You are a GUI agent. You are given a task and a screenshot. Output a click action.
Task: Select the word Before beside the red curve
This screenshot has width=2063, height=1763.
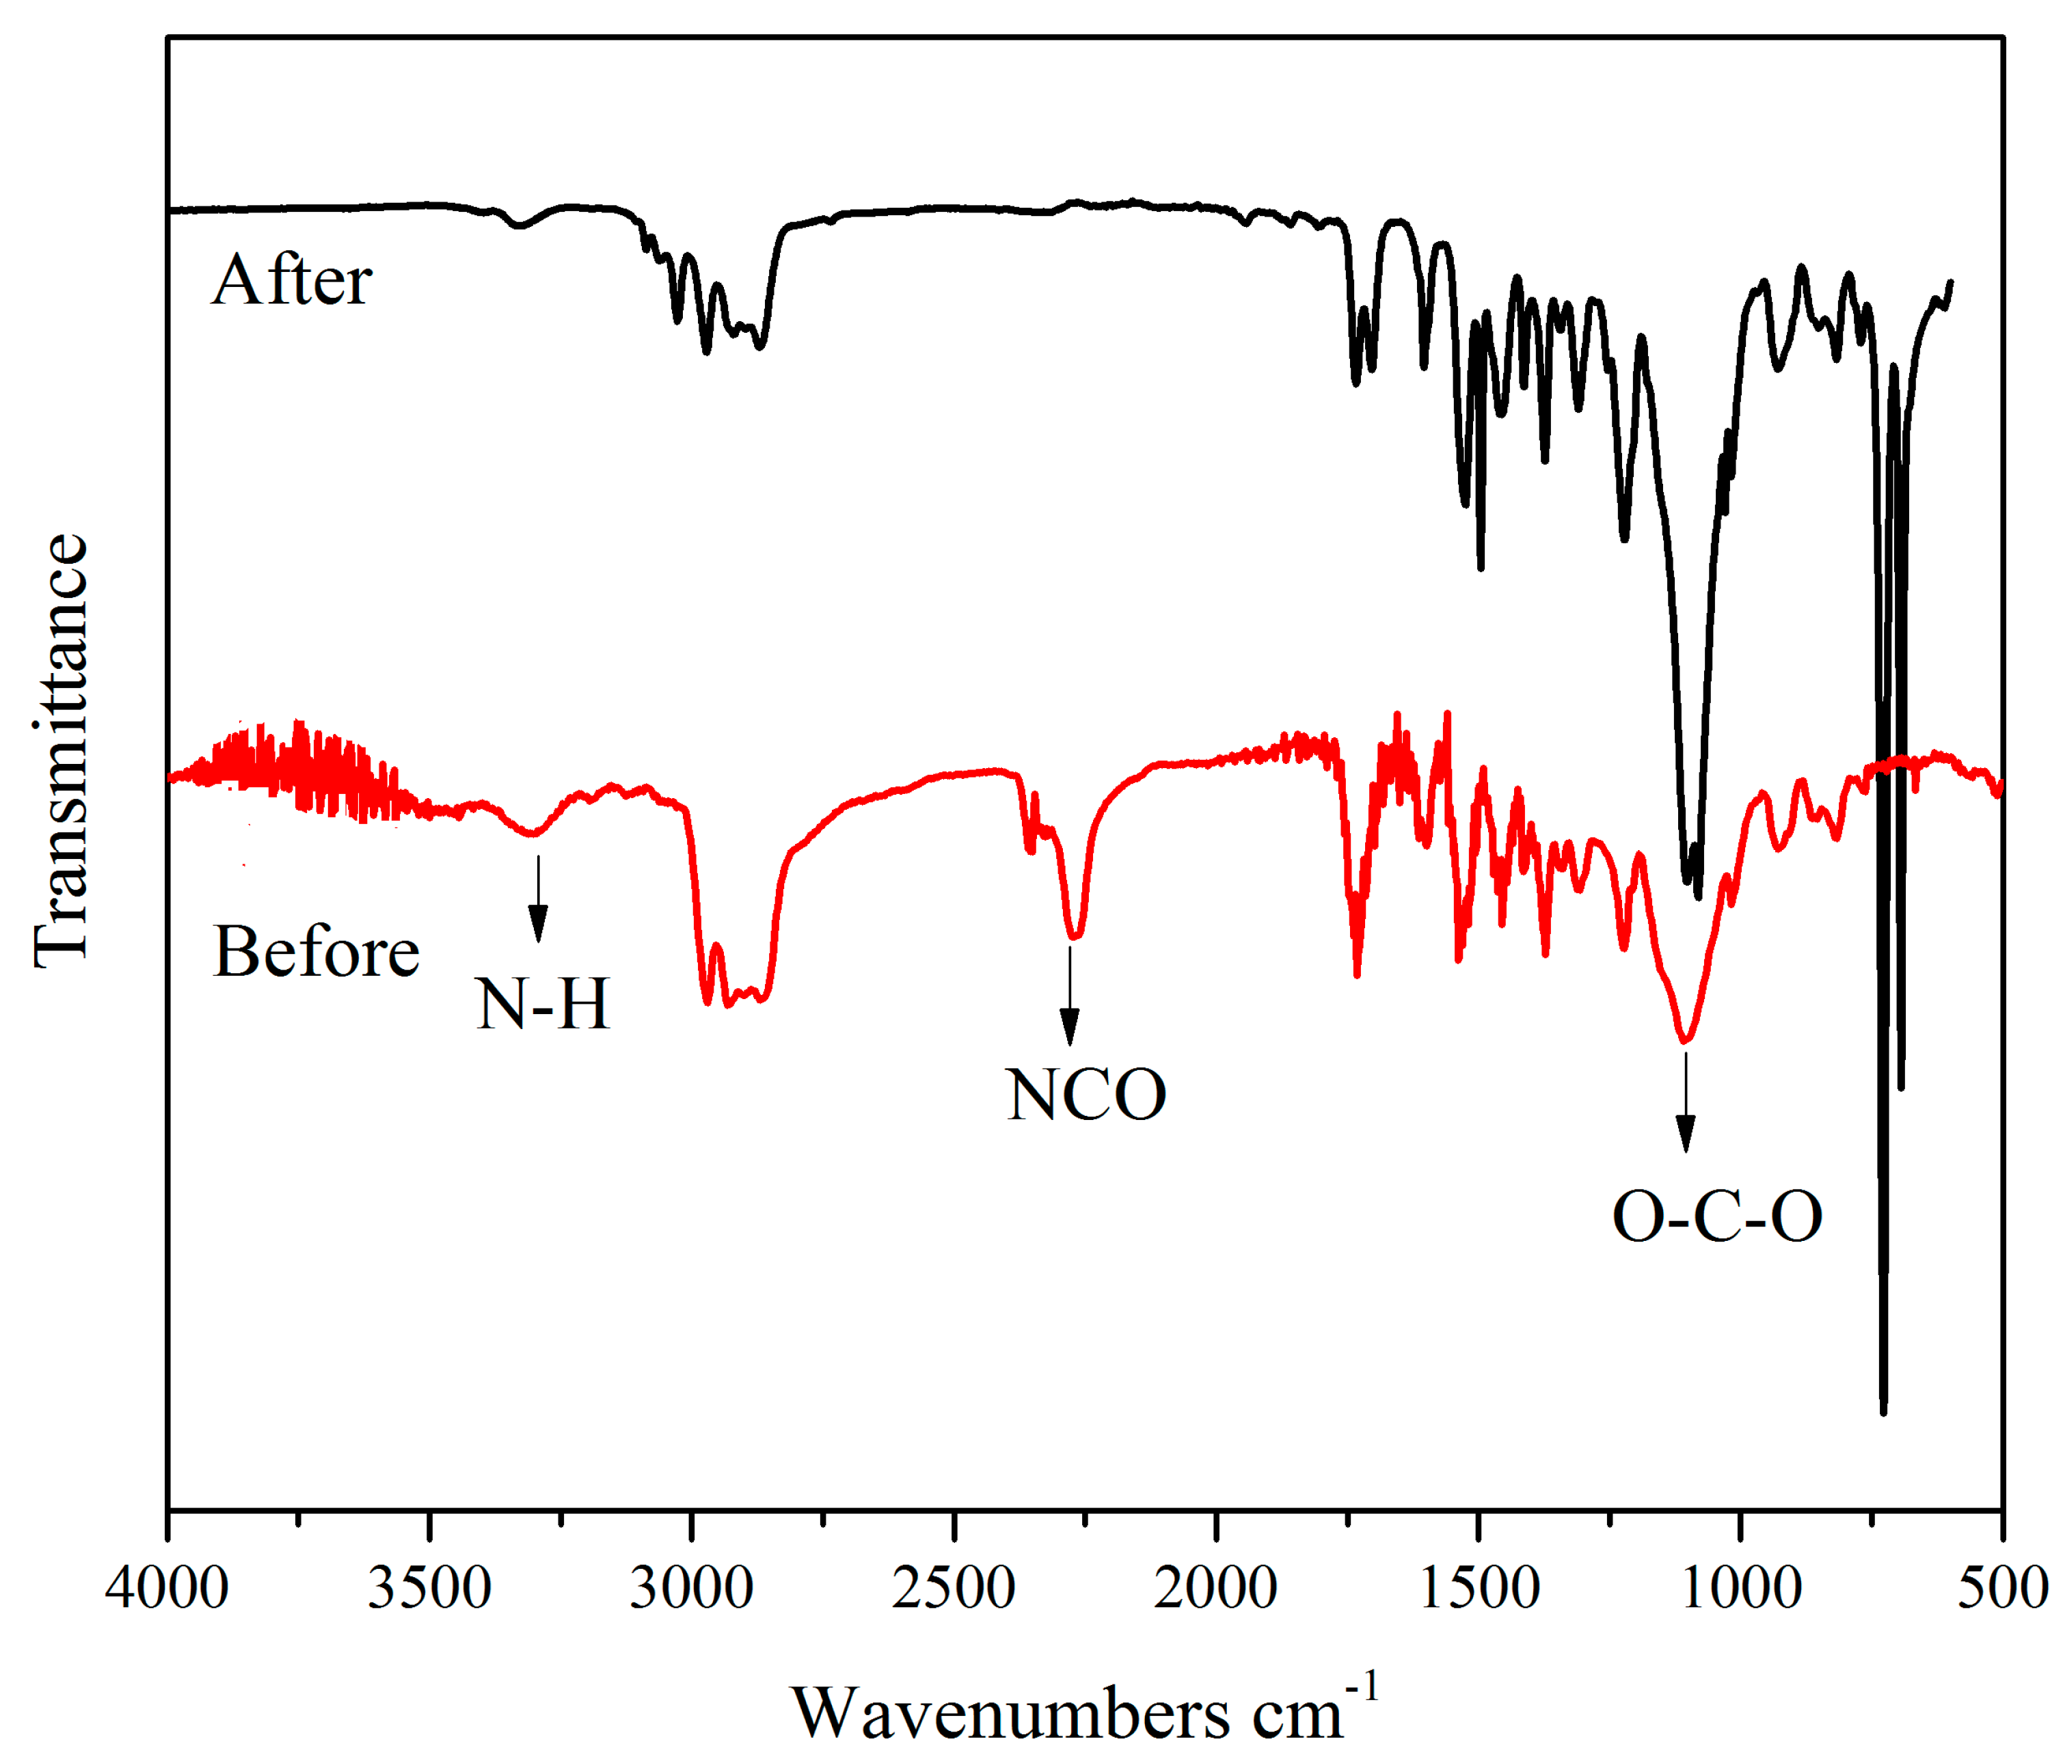tap(316, 952)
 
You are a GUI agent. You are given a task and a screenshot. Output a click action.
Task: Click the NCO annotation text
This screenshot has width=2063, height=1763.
tap(1086, 1095)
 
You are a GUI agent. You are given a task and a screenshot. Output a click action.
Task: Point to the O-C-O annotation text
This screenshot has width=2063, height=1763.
tap(1716, 1216)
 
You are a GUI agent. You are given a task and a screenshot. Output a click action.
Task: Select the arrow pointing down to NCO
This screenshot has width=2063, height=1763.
tap(1069, 996)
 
